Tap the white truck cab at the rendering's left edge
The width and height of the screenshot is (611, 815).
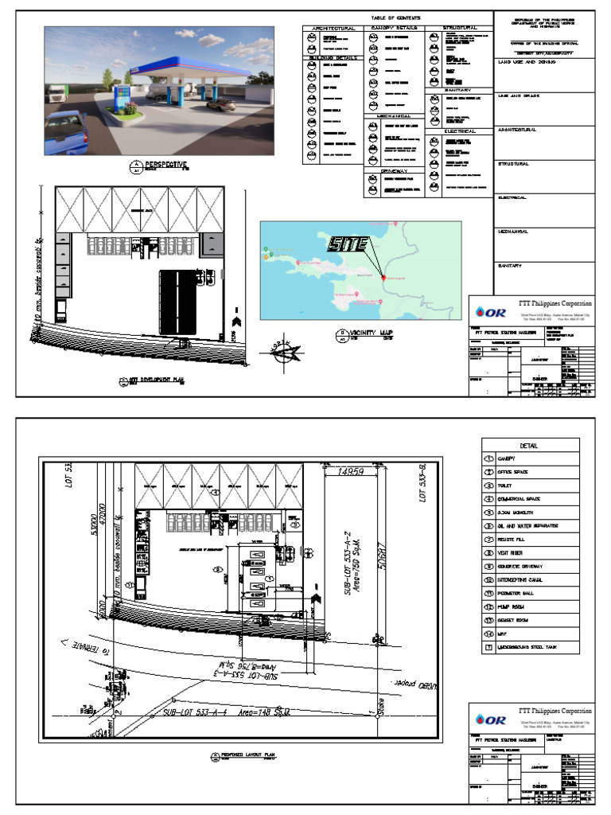tap(54, 94)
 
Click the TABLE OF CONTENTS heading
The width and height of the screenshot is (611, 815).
tap(395, 18)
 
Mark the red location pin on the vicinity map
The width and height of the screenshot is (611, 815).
tap(383, 277)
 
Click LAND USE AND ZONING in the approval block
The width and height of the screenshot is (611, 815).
tap(526, 60)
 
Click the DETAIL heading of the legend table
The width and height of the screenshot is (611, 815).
tap(530, 446)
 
